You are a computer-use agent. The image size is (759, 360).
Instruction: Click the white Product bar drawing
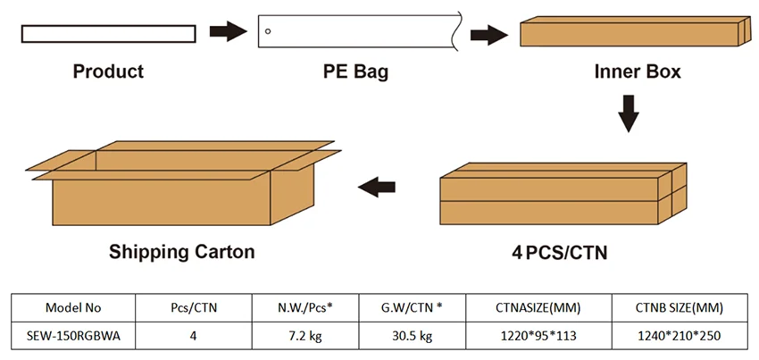[x=107, y=33]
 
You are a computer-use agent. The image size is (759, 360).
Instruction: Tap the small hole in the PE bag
[x=268, y=33]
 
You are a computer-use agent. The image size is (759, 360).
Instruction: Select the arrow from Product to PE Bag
[x=229, y=32]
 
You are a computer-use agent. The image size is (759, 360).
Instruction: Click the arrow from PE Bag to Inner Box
[x=490, y=35]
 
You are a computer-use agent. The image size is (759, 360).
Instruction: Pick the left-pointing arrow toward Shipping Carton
[x=378, y=187]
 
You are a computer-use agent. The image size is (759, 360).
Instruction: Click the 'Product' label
[x=108, y=71]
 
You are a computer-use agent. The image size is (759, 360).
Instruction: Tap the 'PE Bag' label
[x=355, y=71]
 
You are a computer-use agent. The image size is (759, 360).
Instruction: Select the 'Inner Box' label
[x=638, y=71]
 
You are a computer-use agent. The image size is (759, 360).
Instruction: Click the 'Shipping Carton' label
[x=181, y=252]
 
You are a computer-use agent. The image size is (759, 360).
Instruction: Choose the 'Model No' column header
[x=73, y=308]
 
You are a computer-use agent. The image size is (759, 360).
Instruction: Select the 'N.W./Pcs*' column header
[x=305, y=308]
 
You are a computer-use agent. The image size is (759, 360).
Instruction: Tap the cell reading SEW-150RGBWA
[x=73, y=336]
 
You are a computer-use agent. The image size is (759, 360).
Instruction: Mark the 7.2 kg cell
[x=305, y=336]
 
